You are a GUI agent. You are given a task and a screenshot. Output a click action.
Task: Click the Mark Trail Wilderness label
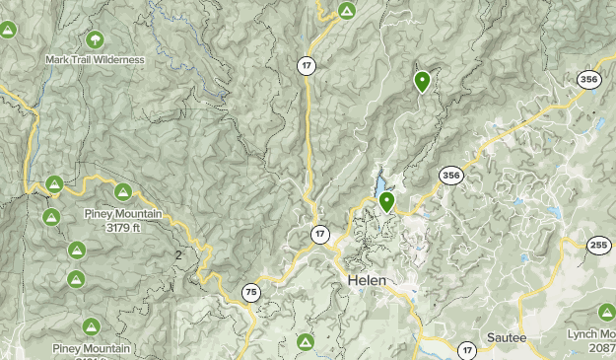coord(95,59)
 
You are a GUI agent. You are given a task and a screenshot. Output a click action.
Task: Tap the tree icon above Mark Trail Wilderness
coord(96,40)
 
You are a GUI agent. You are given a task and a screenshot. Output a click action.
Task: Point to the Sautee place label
coord(507,338)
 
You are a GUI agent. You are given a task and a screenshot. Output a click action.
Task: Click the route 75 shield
coord(252,292)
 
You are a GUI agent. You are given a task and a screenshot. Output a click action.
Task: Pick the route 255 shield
coord(599,246)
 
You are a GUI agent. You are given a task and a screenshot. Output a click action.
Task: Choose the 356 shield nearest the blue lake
coord(450,176)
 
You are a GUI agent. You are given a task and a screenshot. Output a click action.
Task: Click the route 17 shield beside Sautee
coord(467,349)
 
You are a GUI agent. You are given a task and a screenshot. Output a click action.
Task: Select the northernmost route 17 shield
coord(308,65)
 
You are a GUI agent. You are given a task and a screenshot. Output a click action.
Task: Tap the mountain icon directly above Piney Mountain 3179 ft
coord(123,192)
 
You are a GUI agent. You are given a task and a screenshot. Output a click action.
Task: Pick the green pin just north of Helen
coord(387,202)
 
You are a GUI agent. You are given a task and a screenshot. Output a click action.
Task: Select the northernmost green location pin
coord(422,82)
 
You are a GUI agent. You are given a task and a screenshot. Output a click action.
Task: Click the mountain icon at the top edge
coord(346,11)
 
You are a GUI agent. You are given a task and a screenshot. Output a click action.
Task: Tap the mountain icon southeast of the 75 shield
coord(306,342)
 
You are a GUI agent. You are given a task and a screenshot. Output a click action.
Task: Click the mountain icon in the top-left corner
coord(8,31)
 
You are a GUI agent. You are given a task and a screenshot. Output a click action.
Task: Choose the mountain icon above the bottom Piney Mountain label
coord(92,326)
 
